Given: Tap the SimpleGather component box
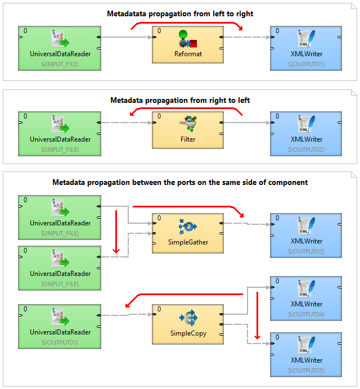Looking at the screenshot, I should [188, 232].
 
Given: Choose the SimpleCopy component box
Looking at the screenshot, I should [188, 324].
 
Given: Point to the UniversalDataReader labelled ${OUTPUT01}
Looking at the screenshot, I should [60, 325].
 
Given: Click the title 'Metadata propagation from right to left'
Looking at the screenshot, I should [180, 100].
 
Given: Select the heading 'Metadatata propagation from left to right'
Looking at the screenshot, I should [180, 13].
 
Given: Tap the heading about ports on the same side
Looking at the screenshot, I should [180, 182].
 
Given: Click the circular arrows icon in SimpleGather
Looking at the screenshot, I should [188, 226].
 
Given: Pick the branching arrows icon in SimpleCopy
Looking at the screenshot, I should [188, 318].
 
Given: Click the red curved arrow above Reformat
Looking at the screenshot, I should [186, 23].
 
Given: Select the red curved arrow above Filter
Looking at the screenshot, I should [186, 110].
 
